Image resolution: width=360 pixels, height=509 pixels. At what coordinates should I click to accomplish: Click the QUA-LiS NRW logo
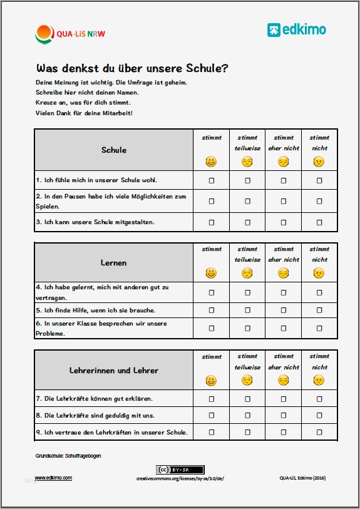click(x=70, y=33)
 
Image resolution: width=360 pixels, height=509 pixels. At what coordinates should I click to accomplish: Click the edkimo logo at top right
click(x=296, y=29)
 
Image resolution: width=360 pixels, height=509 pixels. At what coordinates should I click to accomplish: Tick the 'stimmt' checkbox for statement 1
click(x=212, y=180)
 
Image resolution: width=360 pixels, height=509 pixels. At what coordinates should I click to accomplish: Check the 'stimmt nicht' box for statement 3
click(x=319, y=222)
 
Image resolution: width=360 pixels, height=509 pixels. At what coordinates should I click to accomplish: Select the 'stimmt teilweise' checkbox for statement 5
click(x=247, y=310)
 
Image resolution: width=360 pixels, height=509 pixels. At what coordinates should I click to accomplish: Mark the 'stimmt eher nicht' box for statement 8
click(x=284, y=415)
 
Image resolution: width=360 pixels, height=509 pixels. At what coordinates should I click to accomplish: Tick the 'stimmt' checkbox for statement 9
click(x=212, y=432)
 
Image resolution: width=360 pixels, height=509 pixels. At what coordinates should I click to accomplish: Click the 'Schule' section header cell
click(x=114, y=150)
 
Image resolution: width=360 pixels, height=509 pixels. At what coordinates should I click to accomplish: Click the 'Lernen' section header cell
click(x=114, y=263)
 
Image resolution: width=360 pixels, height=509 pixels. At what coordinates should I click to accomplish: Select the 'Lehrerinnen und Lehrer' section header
click(x=114, y=371)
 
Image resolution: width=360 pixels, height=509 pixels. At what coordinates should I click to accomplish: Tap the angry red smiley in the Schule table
click(x=319, y=162)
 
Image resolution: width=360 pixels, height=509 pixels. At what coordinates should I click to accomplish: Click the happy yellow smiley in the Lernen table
click(x=212, y=273)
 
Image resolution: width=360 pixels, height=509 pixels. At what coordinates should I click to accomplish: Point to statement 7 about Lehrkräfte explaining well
click(x=95, y=398)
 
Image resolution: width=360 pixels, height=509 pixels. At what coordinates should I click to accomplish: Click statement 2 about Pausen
click(x=111, y=201)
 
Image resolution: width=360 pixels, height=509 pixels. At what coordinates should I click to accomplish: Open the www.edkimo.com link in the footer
click(x=53, y=478)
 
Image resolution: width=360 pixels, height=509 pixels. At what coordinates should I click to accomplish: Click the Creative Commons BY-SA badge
click(x=180, y=470)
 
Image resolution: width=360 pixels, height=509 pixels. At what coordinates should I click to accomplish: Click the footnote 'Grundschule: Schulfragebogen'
click(x=68, y=456)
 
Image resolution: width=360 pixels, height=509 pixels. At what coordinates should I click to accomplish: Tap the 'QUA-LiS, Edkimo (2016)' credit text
click(x=302, y=478)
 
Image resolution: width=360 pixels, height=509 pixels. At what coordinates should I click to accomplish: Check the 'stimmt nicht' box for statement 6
click(x=319, y=328)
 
